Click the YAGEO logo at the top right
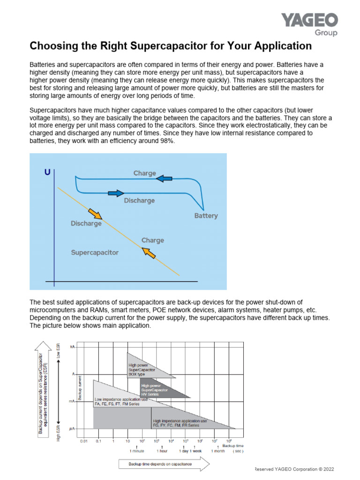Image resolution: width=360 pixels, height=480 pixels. coord(309,21)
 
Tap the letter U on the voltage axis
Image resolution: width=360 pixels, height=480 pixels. coord(47,172)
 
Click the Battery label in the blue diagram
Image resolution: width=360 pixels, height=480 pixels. coord(206,216)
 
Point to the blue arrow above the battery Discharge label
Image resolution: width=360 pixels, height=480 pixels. coord(115,193)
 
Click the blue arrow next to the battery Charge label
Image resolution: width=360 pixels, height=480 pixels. coord(164,178)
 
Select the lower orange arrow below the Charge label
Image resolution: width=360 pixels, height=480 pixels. coord(149,253)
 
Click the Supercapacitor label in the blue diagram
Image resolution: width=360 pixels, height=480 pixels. coord(95,253)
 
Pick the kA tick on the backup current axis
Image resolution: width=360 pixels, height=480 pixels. coord(72,346)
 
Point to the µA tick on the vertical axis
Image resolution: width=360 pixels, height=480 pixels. coord(72,429)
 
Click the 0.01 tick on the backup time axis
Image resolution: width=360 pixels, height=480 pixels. coord(84,441)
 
